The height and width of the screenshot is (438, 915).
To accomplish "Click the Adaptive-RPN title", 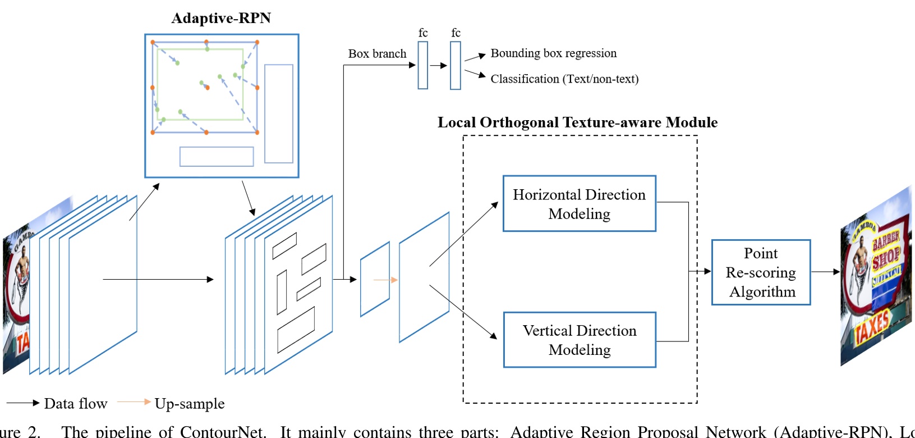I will [x=221, y=19].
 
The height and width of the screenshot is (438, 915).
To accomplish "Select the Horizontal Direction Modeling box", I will [x=579, y=203].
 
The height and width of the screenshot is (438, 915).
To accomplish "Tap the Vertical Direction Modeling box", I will [x=579, y=340].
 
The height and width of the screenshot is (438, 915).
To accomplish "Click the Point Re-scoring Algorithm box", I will [x=761, y=272].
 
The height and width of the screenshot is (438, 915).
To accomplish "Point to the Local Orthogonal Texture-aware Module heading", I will [x=577, y=122].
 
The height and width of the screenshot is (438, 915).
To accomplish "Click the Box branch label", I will [x=377, y=54].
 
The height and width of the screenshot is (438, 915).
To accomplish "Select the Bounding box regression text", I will [x=553, y=53].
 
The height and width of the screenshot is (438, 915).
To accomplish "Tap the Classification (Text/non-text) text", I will [x=564, y=79].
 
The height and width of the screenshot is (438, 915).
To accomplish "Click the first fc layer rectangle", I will [x=423, y=65].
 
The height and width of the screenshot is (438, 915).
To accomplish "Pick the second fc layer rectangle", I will [x=456, y=65].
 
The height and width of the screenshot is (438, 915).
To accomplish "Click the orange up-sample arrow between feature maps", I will [x=385, y=280].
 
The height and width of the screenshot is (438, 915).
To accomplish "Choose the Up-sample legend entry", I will [x=171, y=403].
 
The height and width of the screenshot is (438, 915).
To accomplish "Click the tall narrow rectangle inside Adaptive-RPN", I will [x=279, y=113].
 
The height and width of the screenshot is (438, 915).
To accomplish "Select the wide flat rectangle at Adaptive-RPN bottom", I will [x=217, y=157].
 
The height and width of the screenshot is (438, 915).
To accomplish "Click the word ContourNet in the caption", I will [x=222, y=431].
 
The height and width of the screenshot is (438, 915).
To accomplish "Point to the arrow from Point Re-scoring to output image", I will [x=825, y=272].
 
